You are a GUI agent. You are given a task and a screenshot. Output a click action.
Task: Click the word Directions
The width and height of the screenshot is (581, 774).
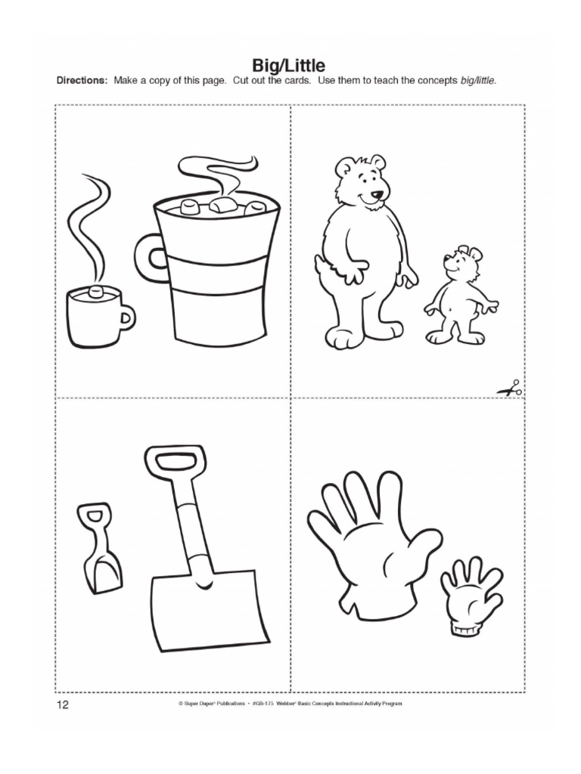pyautogui.click(x=82, y=80)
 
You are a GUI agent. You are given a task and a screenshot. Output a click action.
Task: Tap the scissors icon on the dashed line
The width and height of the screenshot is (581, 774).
pyautogui.click(x=509, y=390)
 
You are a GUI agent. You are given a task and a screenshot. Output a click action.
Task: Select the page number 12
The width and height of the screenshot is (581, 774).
pyautogui.click(x=62, y=705)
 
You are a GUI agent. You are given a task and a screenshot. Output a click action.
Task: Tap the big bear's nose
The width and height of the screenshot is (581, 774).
pyautogui.click(x=377, y=194)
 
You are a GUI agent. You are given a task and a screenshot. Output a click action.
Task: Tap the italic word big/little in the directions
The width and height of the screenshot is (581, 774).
pyautogui.click(x=477, y=80)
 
